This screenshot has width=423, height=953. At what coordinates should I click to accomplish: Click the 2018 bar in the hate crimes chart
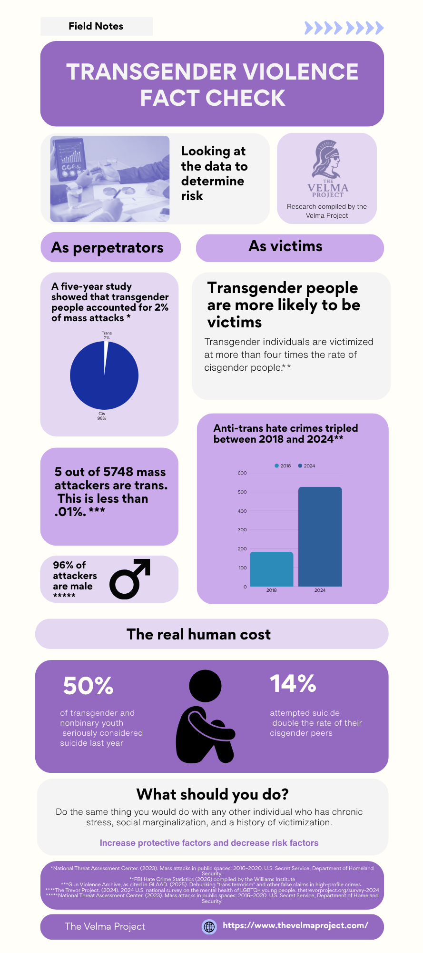[x=271, y=569]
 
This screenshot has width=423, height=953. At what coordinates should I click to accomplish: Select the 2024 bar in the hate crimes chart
[x=320, y=537]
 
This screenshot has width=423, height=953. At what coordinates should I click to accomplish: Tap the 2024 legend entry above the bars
[x=306, y=466]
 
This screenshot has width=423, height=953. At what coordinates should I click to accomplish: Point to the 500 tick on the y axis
[x=242, y=492]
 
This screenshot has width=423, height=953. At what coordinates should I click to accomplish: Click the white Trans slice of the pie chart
[x=106, y=353]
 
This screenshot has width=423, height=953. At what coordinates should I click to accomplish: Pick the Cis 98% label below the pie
[x=101, y=416]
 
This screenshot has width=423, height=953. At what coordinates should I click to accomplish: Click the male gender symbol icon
[x=130, y=578]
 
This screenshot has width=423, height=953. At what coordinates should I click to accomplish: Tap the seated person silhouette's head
[x=205, y=686]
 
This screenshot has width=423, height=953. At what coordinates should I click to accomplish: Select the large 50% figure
[x=88, y=686]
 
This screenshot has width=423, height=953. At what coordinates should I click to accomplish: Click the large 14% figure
[x=293, y=683]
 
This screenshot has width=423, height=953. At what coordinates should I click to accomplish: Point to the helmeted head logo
[x=326, y=159]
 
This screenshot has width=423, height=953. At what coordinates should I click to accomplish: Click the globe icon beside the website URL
[x=209, y=927]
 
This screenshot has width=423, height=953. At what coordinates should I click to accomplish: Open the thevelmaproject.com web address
[x=295, y=925]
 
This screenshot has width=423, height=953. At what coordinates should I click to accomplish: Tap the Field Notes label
[x=96, y=26]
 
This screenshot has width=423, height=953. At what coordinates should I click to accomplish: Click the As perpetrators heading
[x=107, y=248]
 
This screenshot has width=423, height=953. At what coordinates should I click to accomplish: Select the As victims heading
[x=285, y=246]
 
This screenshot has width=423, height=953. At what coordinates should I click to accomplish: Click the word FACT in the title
[x=169, y=98]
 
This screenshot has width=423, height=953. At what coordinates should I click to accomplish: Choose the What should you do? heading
[x=213, y=794]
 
